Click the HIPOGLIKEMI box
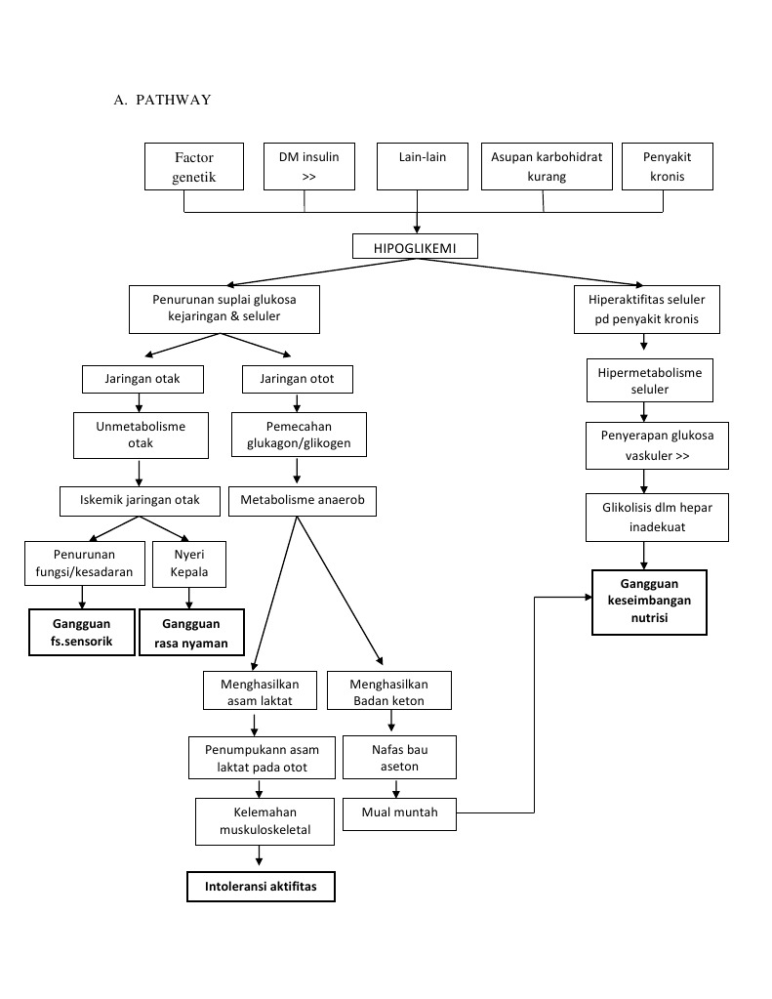click(415, 247)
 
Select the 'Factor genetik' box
click(193, 167)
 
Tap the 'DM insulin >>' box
click(309, 166)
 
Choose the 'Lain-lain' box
click(422, 166)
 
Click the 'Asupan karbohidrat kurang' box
click(547, 166)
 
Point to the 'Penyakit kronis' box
click(665, 166)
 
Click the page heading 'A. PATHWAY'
click(162, 100)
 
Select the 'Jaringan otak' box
click(142, 378)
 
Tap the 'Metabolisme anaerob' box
click(302, 501)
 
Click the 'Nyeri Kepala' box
click(189, 563)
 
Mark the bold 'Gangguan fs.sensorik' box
click(81, 633)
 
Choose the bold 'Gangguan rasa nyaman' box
click(190, 633)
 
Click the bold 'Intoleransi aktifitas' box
click(261, 887)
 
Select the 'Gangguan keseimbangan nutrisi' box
click(648, 603)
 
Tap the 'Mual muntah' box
click(399, 812)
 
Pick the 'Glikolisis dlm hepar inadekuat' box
click(643, 518)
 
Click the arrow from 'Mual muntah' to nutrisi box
click(534, 703)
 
